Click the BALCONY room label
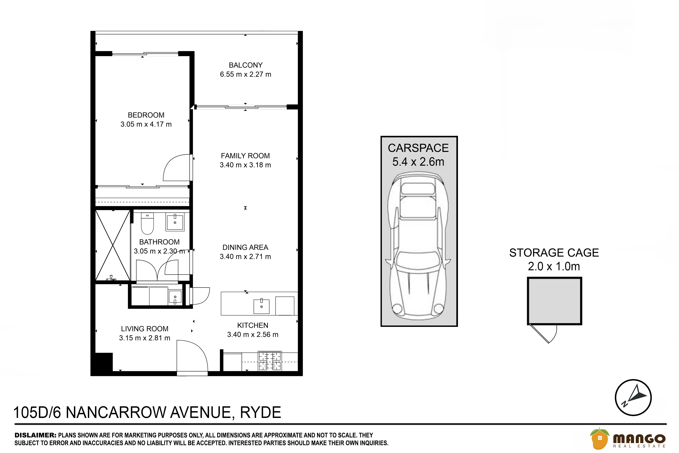pyautogui.click(x=246, y=65)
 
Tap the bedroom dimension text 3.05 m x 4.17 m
pyautogui.click(x=146, y=124)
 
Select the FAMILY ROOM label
pyautogui.click(x=245, y=156)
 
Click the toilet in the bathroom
pyautogui.click(x=147, y=223)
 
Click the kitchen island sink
pyautogui.click(x=261, y=306)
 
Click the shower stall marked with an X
pyautogui.click(x=112, y=245)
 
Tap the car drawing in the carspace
pyautogui.click(x=418, y=245)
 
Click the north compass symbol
pyautogui.click(x=633, y=398)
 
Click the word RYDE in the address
pyautogui.click(x=261, y=412)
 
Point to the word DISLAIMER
pyautogui.click(x=35, y=435)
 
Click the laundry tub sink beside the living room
pyautogui.click(x=175, y=297)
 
